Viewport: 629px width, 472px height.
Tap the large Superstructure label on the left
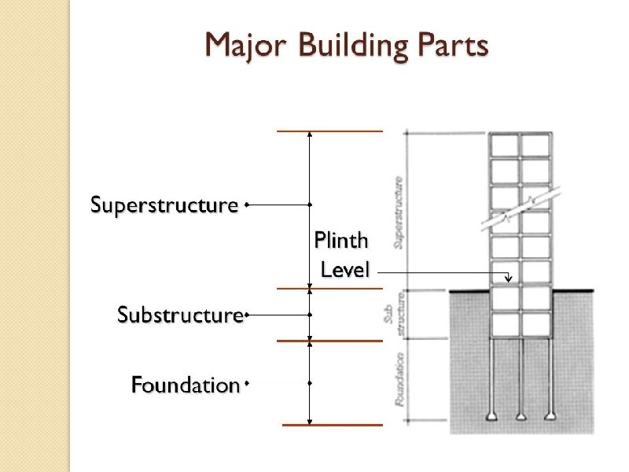[x=164, y=205]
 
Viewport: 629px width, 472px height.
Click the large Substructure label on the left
[x=180, y=315]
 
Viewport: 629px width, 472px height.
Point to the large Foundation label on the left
[x=185, y=385]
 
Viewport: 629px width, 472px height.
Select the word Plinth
[x=340, y=240]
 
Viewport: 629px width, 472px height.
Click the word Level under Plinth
[x=345, y=270]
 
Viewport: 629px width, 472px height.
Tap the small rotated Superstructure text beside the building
[x=399, y=212]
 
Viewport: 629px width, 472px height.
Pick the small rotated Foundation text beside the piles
[x=400, y=379]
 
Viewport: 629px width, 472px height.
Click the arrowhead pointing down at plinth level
[x=508, y=277]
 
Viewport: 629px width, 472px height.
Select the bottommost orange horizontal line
[x=332, y=425]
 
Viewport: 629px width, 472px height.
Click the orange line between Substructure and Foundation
[x=332, y=341]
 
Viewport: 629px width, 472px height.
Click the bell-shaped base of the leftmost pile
[x=492, y=416]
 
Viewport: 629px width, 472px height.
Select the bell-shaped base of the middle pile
[x=520, y=416]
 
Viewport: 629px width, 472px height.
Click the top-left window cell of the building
[x=504, y=146]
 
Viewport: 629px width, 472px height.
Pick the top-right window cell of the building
[x=535, y=146]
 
